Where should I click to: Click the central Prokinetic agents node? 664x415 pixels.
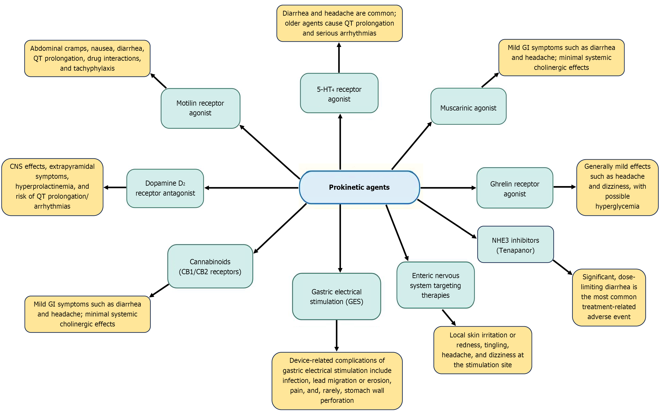point(359,187)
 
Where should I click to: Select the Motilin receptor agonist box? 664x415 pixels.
point(200,108)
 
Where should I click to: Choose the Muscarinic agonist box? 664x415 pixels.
point(468,106)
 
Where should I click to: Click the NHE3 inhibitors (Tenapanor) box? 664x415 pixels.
point(515,244)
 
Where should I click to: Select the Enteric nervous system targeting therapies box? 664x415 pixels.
point(435,285)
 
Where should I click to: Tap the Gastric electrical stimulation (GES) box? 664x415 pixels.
point(336,296)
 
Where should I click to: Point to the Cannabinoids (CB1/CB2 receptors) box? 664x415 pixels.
point(210,266)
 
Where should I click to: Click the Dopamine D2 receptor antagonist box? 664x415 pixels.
point(165,188)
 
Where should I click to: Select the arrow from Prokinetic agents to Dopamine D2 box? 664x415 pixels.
point(251,188)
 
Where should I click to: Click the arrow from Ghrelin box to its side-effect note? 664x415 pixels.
point(565,187)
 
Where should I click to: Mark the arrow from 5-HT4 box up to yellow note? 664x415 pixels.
point(339,58)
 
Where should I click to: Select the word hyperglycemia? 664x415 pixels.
point(617,206)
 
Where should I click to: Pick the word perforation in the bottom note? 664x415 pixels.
point(337,400)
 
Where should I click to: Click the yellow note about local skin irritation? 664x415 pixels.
point(483,350)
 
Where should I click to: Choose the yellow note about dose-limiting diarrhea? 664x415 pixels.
point(609,297)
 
